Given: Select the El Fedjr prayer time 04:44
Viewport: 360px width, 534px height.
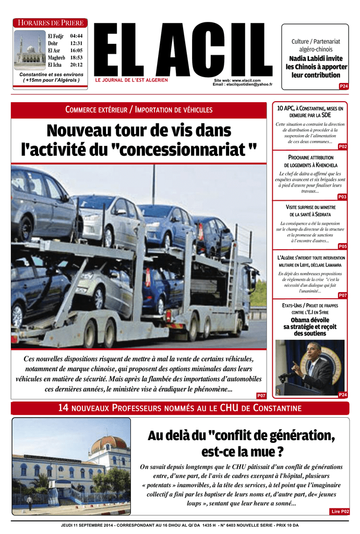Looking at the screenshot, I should pyautogui.click(x=76, y=35).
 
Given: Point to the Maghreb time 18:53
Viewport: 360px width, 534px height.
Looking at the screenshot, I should pyautogui.click(x=76, y=57).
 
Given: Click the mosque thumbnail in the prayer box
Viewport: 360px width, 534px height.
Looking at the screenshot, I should pyautogui.click(x=30, y=50).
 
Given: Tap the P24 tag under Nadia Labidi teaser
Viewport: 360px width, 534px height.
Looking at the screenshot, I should pyautogui.click(x=343, y=86).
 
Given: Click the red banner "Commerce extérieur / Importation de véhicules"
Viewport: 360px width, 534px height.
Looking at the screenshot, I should pyautogui.click(x=138, y=110).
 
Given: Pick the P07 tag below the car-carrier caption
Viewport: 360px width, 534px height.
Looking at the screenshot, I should pyautogui.click(x=261, y=396).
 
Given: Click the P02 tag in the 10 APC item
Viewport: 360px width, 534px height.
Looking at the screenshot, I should pyautogui.click(x=343, y=147).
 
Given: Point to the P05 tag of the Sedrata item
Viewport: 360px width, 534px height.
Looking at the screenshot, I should pyautogui.click(x=343, y=246).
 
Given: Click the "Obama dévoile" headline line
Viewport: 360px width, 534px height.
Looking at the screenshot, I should pyautogui.click(x=310, y=320).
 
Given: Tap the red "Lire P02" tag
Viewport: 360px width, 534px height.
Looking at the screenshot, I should pyautogui.click(x=340, y=512).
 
